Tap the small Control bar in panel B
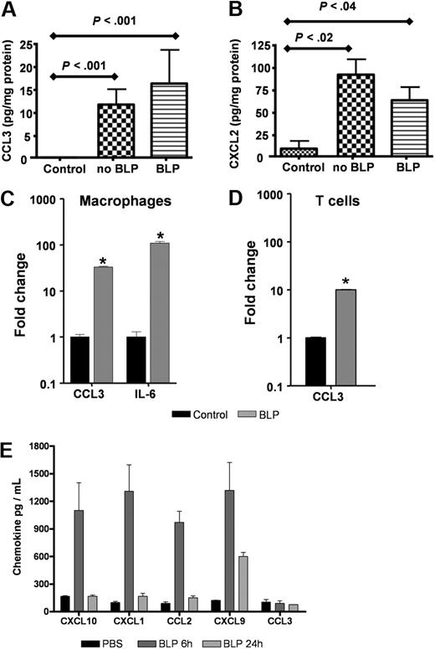289,152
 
